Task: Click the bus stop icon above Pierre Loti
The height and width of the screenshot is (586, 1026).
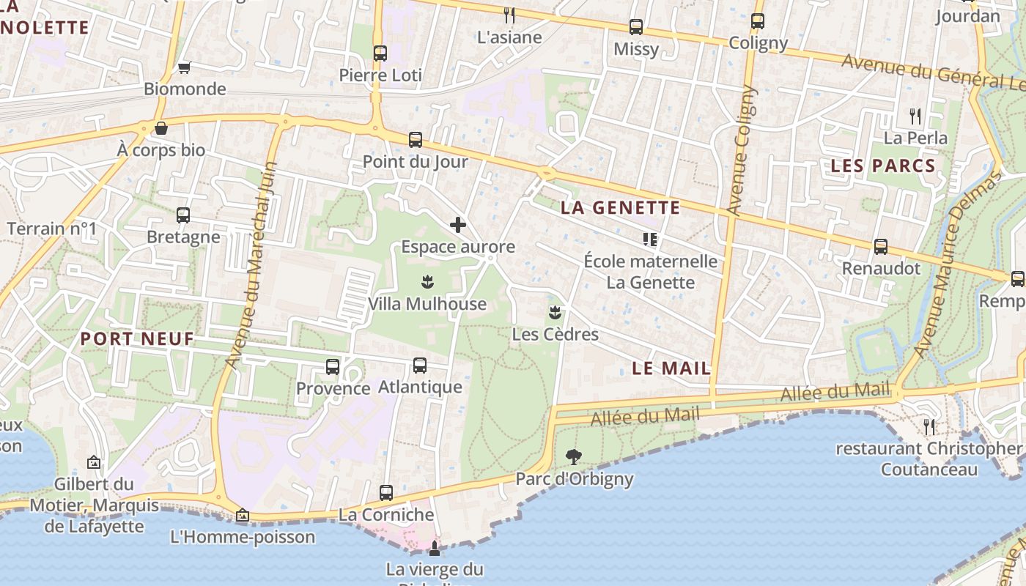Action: pos(380,53)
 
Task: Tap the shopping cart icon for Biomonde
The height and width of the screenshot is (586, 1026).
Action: pos(185,68)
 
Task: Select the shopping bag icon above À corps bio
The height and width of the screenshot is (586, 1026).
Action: pos(161,128)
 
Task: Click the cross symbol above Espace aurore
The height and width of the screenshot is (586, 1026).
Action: pos(458,225)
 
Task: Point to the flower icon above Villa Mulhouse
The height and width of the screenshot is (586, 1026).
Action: pos(427,281)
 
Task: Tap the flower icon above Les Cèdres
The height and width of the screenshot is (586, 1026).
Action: pos(555,313)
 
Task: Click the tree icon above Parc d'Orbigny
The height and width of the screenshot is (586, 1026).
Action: pos(574,457)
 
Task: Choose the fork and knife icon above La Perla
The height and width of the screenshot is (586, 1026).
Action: pos(915,116)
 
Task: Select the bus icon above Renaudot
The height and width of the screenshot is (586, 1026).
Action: pos(881,247)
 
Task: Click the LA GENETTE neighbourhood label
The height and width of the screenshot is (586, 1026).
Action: pos(621,207)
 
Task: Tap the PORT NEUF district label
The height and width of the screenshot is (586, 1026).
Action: pos(137,338)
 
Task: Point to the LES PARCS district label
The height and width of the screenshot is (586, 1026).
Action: pos(883,166)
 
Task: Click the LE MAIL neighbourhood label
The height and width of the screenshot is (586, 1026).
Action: pos(671,368)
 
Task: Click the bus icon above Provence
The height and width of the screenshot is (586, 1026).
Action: pos(333,367)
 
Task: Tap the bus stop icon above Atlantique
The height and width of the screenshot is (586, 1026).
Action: pos(420,366)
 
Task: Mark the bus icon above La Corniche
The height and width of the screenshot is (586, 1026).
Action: pos(386,493)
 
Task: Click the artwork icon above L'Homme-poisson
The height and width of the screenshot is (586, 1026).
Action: pos(243,516)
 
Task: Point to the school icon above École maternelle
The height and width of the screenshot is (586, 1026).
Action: pos(650,240)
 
